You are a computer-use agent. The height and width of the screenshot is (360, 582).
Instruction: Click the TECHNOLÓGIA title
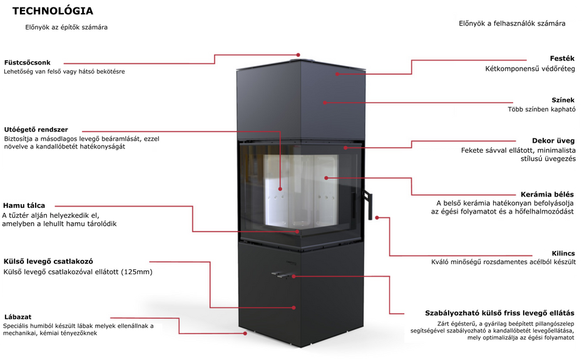point(53,11)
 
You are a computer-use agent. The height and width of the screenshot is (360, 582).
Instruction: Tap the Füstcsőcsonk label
point(27,63)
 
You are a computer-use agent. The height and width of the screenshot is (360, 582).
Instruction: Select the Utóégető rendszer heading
point(36,130)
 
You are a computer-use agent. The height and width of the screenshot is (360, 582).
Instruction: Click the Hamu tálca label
point(24,205)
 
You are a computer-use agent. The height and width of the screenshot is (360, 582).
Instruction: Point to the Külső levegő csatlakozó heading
point(48,261)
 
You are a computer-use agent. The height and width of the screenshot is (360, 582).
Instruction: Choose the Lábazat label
point(18,317)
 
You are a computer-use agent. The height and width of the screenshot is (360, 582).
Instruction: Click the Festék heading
point(562,58)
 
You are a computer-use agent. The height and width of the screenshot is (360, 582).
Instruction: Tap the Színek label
point(563,100)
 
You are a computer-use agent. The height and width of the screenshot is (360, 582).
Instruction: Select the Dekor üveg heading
point(553,141)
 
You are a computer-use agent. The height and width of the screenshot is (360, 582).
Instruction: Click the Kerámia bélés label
point(547,194)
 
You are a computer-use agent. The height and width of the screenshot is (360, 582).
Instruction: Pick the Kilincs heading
point(563,254)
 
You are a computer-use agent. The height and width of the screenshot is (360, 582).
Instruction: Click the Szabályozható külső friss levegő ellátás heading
point(499,313)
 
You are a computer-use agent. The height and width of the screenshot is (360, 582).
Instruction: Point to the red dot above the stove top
point(298,55)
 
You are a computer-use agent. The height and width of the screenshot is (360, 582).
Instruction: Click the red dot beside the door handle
point(377,218)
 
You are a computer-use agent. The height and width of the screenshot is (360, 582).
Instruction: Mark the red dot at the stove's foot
point(245,333)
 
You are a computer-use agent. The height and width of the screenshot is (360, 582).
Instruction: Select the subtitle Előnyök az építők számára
point(66,27)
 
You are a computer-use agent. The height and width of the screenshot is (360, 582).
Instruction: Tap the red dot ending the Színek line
point(324,103)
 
